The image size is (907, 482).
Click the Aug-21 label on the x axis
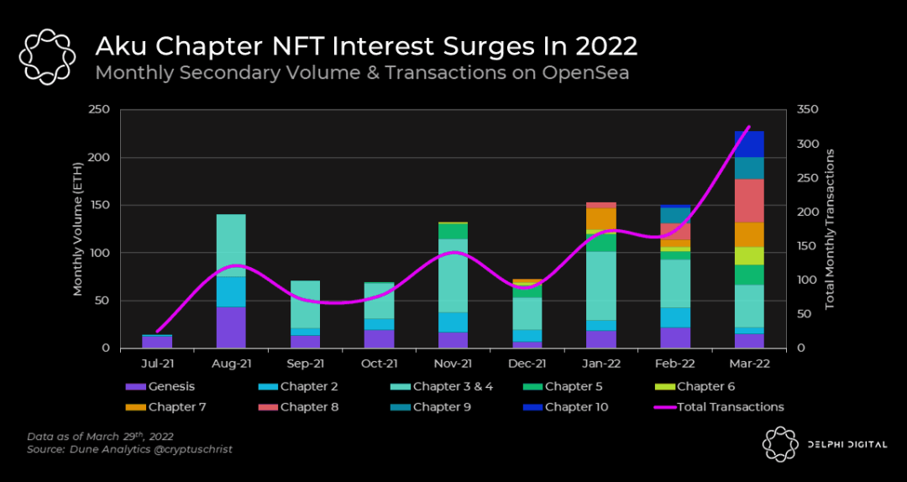coord(231,364)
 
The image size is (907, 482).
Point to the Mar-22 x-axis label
coord(748,364)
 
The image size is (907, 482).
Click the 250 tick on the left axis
coord(99,110)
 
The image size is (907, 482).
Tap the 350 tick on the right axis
coord(808,110)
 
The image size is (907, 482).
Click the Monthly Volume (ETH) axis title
coord(78,229)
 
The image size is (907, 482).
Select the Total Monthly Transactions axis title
coord(830,229)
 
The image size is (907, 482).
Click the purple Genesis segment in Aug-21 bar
coord(231,327)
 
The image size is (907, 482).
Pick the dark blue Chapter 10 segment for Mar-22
coord(748,144)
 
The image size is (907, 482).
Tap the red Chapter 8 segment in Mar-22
coord(748,201)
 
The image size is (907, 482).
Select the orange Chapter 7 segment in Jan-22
coord(601,218)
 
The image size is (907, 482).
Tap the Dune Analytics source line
coord(129,450)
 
